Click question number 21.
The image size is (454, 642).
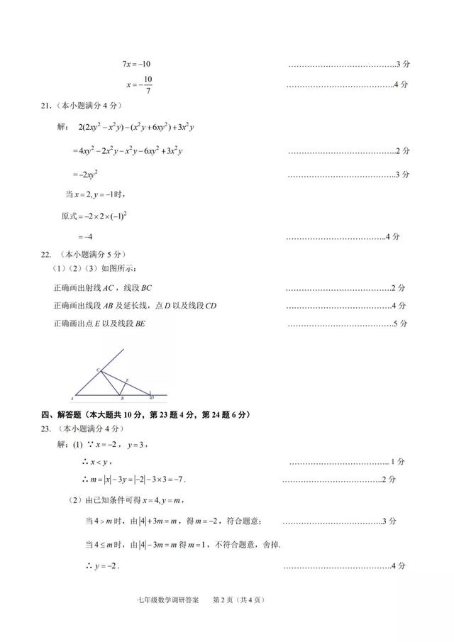pos(45,106)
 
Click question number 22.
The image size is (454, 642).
pos(45,253)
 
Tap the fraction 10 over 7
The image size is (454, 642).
pos(148,84)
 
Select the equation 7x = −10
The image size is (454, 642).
pos(136,65)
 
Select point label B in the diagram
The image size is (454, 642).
pos(122,399)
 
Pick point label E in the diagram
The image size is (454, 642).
pos(127,381)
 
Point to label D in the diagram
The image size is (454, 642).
pos(153,397)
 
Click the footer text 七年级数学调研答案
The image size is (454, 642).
pos(168,600)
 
